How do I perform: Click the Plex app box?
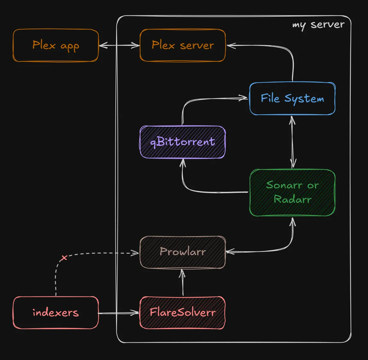[x=55, y=45]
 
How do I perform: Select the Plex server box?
[x=183, y=45]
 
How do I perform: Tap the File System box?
[x=292, y=99]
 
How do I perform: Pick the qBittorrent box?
[x=183, y=142]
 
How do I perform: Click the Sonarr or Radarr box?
[x=292, y=193]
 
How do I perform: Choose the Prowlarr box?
[x=183, y=252]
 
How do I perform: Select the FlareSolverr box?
[x=183, y=313]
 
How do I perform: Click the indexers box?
[x=55, y=313]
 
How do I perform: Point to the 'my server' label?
[x=318, y=25]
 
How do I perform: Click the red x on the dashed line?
[x=64, y=258]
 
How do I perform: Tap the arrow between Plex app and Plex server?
[x=119, y=46]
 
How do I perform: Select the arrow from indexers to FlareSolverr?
[x=119, y=313]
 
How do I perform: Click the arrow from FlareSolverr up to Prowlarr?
[x=183, y=282]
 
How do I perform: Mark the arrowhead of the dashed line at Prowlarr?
[x=136, y=253]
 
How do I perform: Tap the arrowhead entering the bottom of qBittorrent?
[x=183, y=162]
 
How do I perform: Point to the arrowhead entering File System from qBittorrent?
[x=244, y=98]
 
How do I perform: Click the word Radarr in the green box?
[x=292, y=200]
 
